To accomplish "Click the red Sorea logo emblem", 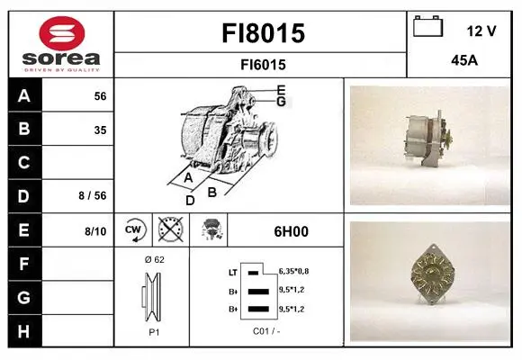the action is [62, 33].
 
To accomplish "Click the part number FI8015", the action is [263, 33].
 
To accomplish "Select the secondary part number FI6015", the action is [263, 65].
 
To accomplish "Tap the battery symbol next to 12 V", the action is [428, 26].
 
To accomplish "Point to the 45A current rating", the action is [464, 60].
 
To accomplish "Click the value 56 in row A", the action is [100, 96].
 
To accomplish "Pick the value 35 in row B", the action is [100, 130].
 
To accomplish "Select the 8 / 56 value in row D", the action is [93, 195].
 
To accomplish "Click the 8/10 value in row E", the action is [95, 231].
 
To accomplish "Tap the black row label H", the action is [24, 331].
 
